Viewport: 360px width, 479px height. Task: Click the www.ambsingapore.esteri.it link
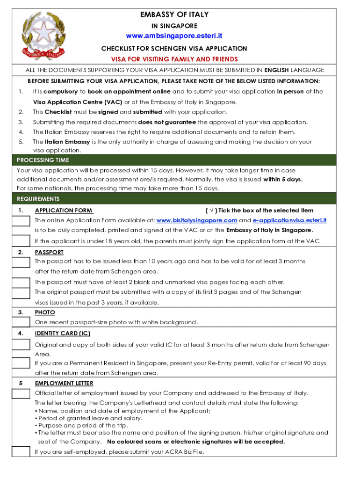(x=174, y=36)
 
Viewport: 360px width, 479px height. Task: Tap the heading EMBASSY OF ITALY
(x=174, y=15)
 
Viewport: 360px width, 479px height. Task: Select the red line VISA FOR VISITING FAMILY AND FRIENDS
(x=174, y=59)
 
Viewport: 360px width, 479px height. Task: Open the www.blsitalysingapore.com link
(x=197, y=220)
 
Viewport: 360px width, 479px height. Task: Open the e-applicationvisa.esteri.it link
(x=289, y=220)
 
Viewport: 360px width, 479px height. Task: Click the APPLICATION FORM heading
(x=64, y=210)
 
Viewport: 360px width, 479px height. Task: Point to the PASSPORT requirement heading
(x=49, y=252)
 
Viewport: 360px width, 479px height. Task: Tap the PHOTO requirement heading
(x=45, y=312)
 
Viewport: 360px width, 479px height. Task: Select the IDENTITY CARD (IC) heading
(x=63, y=334)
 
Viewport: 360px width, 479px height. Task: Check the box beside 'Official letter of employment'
(x=21, y=393)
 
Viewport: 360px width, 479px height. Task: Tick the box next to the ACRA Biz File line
(x=21, y=452)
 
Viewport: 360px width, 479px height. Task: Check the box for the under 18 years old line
(x=21, y=241)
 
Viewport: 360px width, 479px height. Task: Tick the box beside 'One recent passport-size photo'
(x=21, y=322)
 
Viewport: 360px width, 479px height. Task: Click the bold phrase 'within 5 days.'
(x=283, y=180)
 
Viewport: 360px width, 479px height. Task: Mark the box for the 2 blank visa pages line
(x=21, y=283)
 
